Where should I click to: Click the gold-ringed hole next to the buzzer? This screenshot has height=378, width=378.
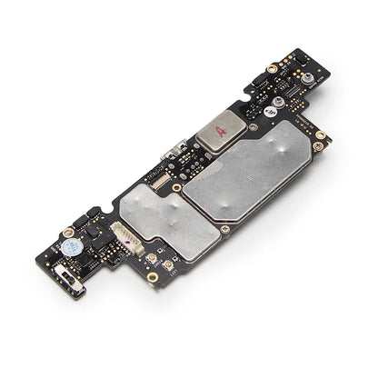[x=68, y=232]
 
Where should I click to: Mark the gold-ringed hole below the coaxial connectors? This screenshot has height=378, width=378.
[x=153, y=276]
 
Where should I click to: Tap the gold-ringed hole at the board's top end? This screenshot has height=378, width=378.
[x=272, y=68]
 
